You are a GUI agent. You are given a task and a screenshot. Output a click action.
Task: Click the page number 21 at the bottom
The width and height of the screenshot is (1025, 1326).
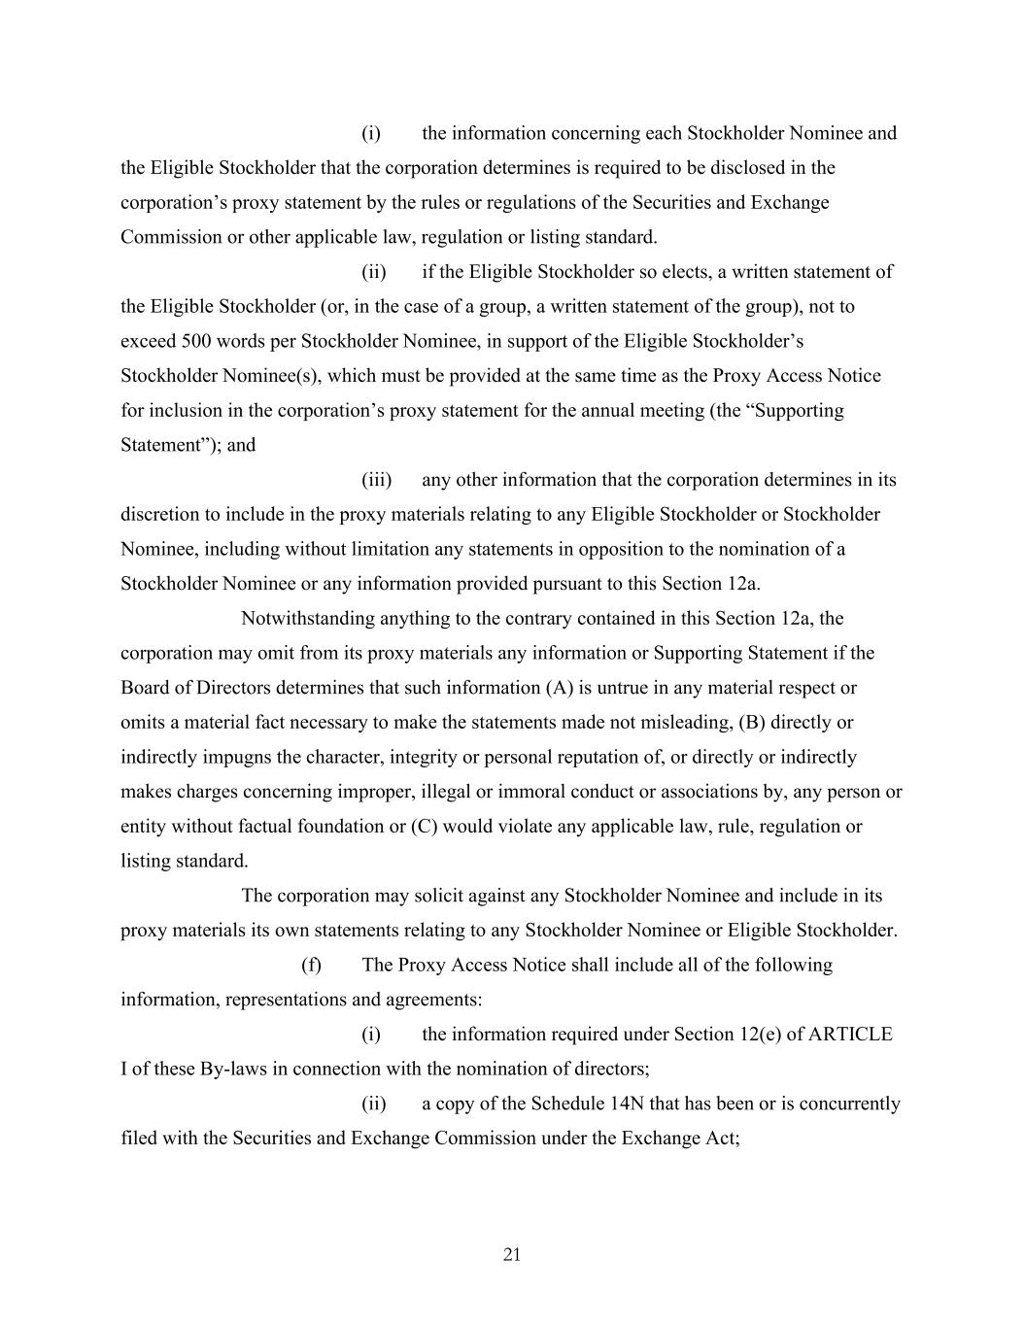pos(512,1255)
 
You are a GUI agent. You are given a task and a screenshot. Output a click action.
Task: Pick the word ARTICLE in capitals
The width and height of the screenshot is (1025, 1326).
pos(850,1035)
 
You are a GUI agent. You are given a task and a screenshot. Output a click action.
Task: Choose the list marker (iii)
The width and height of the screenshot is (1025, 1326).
pos(376,480)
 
